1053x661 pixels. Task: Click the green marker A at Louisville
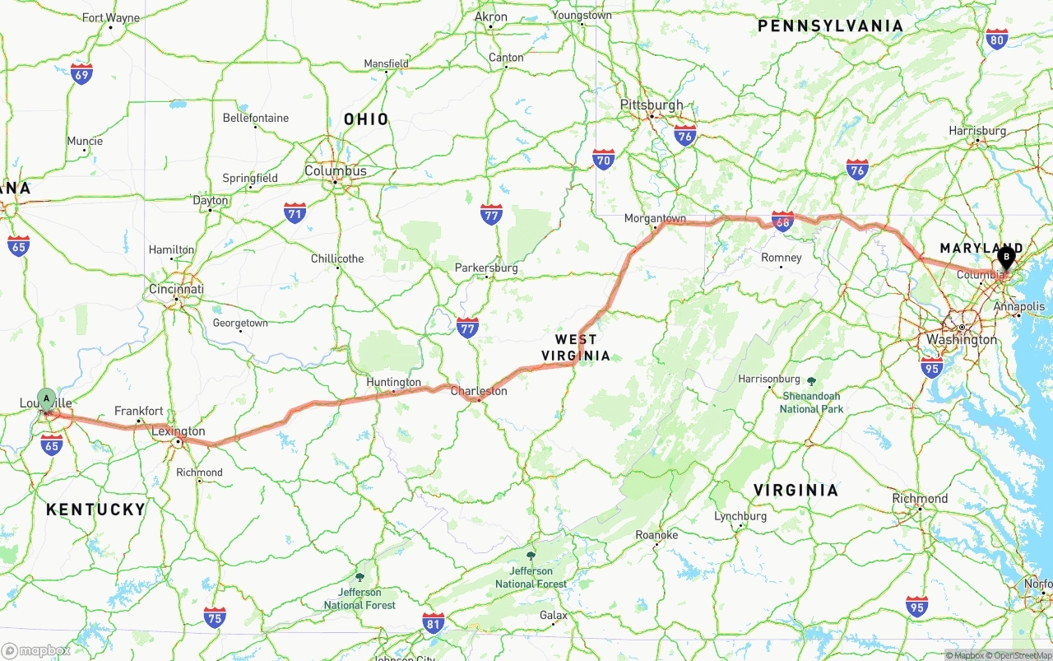(x=47, y=399)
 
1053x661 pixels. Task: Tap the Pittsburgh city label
(x=652, y=105)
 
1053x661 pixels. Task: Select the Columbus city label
(x=336, y=171)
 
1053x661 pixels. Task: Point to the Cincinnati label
(x=176, y=290)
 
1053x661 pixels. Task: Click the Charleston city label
(x=479, y=391)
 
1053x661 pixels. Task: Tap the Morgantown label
(x=655, y=218)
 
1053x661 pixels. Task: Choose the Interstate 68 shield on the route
(x=782, y=221)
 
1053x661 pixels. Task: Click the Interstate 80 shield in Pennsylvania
(x=997, y=39)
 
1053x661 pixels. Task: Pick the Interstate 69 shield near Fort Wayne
(x=81, y=74)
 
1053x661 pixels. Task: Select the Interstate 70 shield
(x=603, y=160)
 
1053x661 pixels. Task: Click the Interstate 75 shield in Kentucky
(x=215, y=617)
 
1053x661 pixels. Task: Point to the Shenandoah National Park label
(x=811, y=402)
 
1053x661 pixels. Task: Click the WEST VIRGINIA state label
(x=576, y=347)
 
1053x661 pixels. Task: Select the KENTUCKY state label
(x=95, y=510)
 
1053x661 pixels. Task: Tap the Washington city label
(x=961, y=339)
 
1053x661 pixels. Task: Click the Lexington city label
(x=179, y=431)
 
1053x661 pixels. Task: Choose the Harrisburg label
(x=977, y=131)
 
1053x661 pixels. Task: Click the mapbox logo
(x=35, y=650)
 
